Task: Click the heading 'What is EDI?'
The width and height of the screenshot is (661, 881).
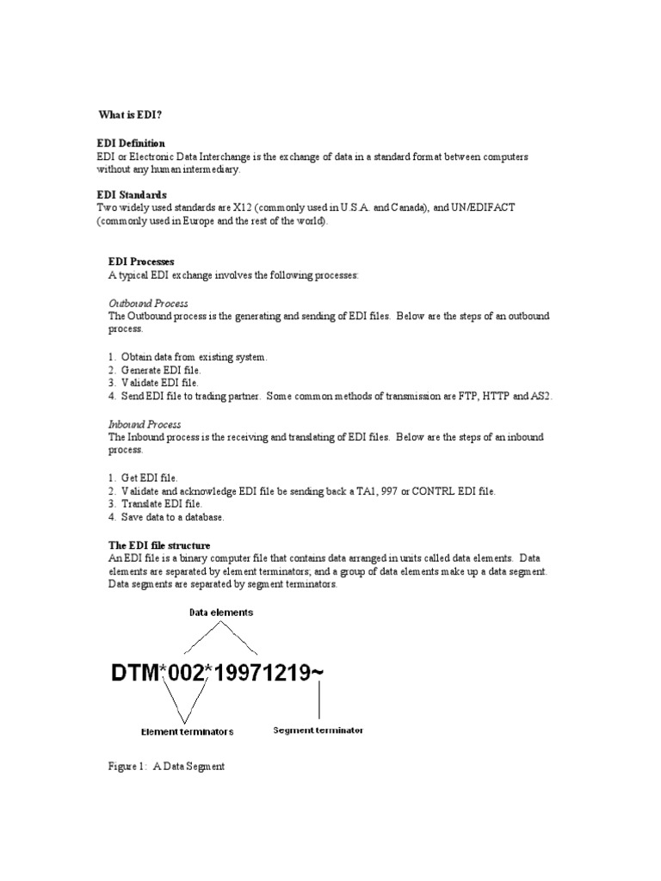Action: pos(127,114)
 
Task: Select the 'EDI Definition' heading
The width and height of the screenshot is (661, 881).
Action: pos(131,143)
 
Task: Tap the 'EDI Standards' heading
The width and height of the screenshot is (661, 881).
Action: pos(132,194)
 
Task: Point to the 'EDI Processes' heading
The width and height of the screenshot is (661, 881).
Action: pos(141,261)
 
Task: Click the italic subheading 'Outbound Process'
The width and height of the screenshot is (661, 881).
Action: pos(148,304)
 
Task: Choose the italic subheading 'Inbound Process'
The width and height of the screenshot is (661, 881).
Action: pos(145,424)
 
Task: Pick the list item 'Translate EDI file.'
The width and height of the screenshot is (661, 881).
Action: pos(162,503)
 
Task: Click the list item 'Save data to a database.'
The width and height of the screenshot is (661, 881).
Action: pos(172,516)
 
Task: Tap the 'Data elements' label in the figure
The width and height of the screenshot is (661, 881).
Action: pos(221,613)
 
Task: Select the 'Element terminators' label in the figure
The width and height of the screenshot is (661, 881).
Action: pos(187,732)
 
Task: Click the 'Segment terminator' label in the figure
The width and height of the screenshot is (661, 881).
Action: pos(318,730)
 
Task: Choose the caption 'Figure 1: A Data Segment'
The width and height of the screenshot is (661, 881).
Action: pos(166,766)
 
